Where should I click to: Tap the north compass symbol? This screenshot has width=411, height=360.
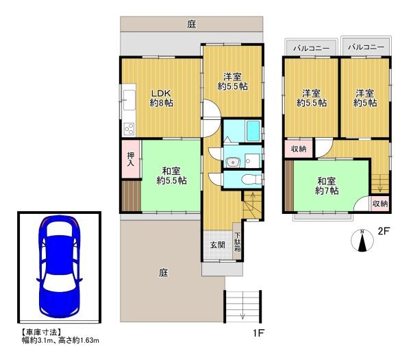[x=362, y=241]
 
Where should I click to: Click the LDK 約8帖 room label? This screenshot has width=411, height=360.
[x=161, y=98]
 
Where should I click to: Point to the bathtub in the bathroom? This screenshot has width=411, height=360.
[x=253, y=131]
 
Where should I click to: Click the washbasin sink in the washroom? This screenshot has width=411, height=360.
[x=232, y=162]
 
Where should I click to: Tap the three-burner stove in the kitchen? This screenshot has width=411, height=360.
[x=129, y=129]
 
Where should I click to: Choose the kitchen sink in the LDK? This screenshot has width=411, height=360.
[x=129, y=100]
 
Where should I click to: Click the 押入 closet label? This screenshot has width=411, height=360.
[x=131, y=159]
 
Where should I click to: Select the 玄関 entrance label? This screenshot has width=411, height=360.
[x=218, y=245]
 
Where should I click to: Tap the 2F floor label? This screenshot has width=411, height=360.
[x=384, y=231]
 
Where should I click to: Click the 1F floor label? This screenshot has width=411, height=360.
[x=258, y=333]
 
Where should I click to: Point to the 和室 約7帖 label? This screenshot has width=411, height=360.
[x=326, y=186]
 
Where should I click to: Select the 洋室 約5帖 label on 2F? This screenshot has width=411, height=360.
[x=365, y=98]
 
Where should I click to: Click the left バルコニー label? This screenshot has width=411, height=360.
[x=311, y=48]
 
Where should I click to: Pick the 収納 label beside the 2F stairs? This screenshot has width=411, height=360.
[x=380, y=204]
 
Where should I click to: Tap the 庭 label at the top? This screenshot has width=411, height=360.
[x=192, y=25]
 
